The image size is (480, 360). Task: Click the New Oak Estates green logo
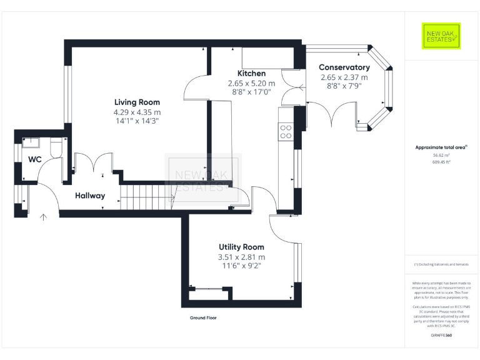tap(441, 36)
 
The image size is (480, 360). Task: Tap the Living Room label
tap(137, 102)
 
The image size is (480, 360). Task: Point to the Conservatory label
tap(344, 67)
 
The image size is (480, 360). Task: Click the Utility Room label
tap(241, 247)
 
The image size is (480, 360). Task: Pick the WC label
tap(34, 159)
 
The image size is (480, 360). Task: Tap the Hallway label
tap(90, 196)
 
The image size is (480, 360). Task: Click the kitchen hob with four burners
tap(285, 131)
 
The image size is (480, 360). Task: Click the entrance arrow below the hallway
tap(43, 218)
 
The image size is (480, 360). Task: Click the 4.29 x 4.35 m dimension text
tap(137, 112)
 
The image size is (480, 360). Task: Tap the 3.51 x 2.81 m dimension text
tap(241, 257)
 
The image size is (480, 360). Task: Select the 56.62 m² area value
tap(441, 155)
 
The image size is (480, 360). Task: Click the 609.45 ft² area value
tap(441, 162)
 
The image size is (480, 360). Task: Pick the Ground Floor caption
tap(203, 317)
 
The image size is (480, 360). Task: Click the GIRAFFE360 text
tap(441, 336)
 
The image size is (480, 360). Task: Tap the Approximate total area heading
tap(441, 147)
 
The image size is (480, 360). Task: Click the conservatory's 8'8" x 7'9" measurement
tap(344, 87)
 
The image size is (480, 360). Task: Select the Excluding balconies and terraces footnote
tap(441, 264)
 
